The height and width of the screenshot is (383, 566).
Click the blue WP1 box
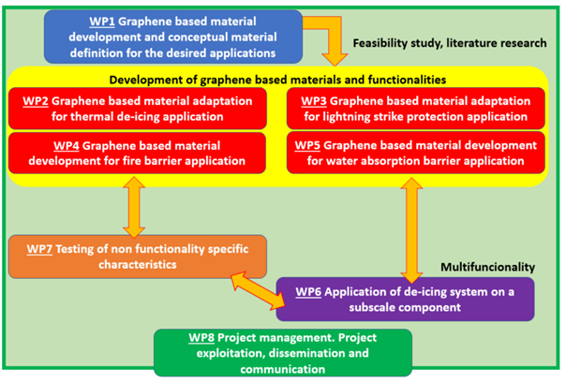(x=173, y=37)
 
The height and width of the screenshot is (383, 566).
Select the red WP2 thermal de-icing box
(x=138, y=109)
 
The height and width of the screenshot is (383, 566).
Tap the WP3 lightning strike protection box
(x=416, y=109)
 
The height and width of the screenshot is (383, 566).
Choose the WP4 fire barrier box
(x=137, y=153)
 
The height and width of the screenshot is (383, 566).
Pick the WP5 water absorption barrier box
(x=416, y=153)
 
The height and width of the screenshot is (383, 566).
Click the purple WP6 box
(x=406, y=299)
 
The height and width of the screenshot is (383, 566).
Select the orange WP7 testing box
(x=138, y=257)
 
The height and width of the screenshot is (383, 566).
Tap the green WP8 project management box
(x=283, y=353)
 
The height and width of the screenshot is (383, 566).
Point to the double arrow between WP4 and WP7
(x=134, y=207)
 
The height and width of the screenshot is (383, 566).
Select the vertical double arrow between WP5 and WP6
(x=411, y=230)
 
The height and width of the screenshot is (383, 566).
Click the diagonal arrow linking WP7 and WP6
(x=258, y=290)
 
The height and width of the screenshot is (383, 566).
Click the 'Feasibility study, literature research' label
(x=450, y=43)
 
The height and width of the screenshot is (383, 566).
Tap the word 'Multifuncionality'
(x=487, y=267)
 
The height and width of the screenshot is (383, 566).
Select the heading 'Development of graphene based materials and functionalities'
(x=277, y=80)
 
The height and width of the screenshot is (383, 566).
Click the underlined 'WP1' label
(x=102, y=22)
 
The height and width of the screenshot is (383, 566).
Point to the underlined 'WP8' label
(x=201, y=338)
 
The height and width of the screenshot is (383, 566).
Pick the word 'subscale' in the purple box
(x=371, y=307)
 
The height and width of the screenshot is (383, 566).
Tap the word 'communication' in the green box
(x=283, y=369)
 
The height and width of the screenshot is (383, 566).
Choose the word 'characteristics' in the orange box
(x=138, y=265)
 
